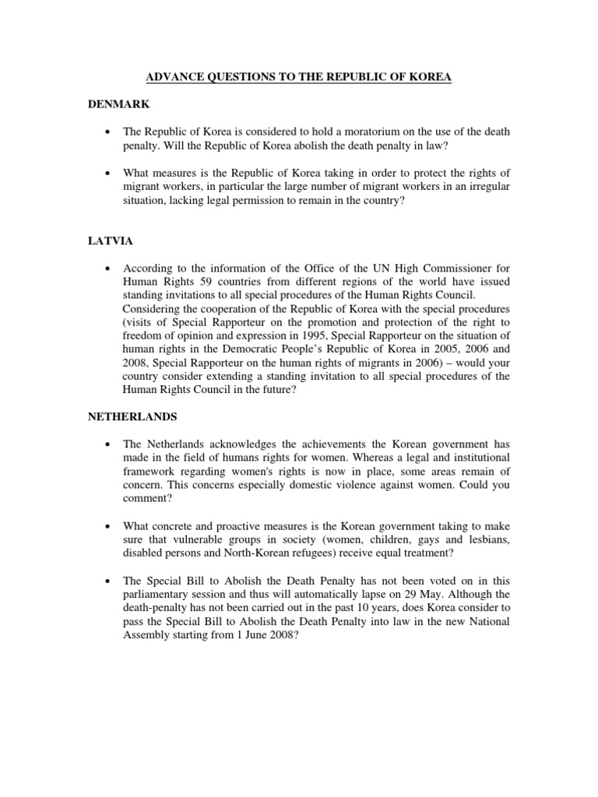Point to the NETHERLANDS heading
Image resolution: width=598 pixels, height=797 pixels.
(132, 416)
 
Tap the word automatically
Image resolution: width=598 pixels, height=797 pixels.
(369, 595)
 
